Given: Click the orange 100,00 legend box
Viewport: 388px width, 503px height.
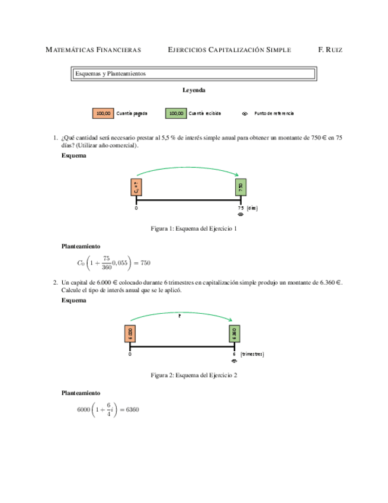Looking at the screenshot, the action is click(103, 113).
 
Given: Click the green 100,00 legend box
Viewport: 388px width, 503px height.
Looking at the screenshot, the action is click(175, 113).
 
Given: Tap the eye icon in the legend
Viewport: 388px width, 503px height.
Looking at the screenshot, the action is click(245, 113).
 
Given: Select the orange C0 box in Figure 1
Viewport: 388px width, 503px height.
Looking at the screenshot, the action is click(136, 187).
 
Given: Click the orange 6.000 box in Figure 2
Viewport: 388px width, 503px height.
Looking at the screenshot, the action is click(130, 333).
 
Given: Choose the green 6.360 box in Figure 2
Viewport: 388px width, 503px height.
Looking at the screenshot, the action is click(235, 333).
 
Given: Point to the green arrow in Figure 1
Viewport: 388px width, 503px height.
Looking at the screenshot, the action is click(188, 168).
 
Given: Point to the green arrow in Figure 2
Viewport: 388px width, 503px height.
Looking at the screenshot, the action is click(182, 316).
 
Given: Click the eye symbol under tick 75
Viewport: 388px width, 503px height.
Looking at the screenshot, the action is click(241, 215).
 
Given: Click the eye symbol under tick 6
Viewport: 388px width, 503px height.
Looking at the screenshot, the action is click(235, 361).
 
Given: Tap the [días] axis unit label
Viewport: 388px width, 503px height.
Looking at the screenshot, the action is click(252, 208).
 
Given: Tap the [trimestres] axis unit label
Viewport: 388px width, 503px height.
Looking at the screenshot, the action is click(252, 354).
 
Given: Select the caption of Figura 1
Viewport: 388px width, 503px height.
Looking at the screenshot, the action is click(194, 229).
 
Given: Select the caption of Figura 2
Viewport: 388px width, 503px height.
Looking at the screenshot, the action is click(194, 375).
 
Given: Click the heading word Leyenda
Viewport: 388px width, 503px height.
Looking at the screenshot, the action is click(194, 91).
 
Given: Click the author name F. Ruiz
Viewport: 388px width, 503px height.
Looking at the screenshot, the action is click(330, 50).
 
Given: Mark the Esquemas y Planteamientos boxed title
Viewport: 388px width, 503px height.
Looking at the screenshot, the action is click(193, 74).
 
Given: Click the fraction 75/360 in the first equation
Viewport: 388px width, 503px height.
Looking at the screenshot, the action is click(107, 263).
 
